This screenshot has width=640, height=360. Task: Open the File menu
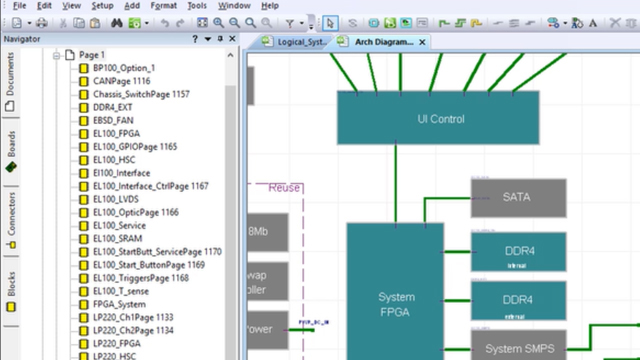click(x=20, y=5)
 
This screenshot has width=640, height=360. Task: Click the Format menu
click(x=164, y=5)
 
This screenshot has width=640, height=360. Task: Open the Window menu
click(x=234, y=5)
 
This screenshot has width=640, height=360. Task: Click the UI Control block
click(x=440, y=119)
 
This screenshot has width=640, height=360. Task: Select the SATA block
click(x=517, y=197)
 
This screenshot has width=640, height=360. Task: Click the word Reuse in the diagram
click(x=284, y=187)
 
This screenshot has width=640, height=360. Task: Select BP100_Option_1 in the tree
click(x=124, y=68)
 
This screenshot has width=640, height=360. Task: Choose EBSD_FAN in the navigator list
click(x=113, y=120)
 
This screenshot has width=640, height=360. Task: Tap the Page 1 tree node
click(x=92, y=55)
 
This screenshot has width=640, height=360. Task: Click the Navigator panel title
click(x=24, y=39)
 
